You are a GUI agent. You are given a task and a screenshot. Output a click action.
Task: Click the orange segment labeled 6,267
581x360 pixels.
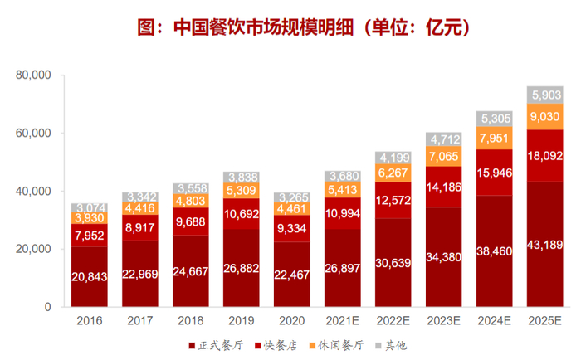pyautogui.click(x=394, y=174)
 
